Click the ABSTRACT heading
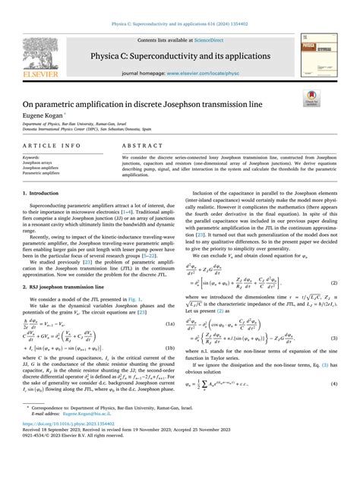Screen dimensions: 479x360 [x=138, y=143]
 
